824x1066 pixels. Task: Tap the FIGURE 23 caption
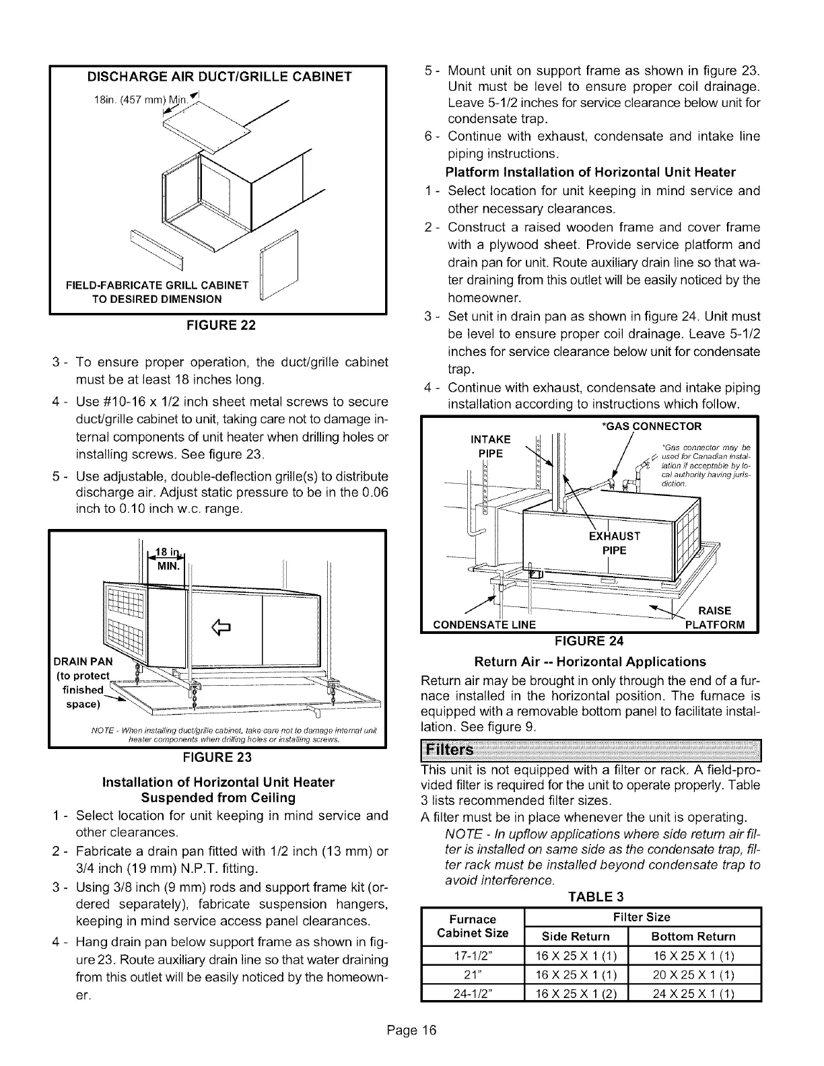coord(219,757)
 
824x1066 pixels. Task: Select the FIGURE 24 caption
coord(590,640)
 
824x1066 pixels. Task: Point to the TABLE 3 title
coord(590,897)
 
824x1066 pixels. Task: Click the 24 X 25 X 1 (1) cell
coord(693,993)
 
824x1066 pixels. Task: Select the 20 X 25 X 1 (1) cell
coord(693,974)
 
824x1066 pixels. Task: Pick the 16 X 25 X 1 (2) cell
coord(576,993)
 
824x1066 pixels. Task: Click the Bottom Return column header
coord(693,936)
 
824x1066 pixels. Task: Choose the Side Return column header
coord(576,936)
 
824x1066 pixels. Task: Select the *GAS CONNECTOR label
coord(650,426)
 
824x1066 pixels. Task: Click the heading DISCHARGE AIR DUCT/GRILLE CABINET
coord(220,77)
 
